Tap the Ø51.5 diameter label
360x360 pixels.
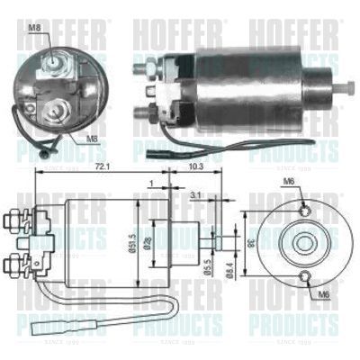point(132,241)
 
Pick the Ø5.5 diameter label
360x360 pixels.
point(208,265)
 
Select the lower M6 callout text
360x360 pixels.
point(325,293)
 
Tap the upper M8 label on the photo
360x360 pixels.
point(33,28)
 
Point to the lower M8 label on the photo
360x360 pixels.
point(92,139)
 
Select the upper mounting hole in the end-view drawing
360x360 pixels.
point(306,210)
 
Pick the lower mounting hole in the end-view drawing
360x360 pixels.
point(306,275)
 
